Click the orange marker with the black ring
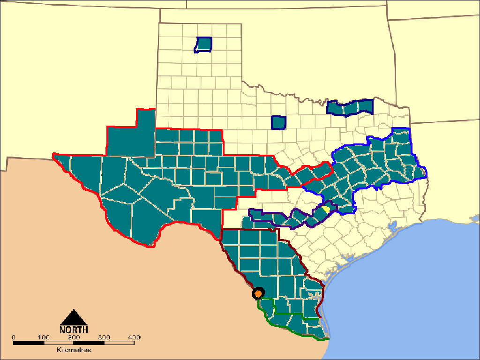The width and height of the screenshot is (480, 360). [258, 293]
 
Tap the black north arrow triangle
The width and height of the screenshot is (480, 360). [74, 317]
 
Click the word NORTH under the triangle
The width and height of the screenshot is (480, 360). [74, 329]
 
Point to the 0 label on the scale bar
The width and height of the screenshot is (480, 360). [14, 337]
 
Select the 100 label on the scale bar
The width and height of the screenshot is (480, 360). [44, 337]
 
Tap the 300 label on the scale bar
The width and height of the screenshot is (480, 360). [104, 337]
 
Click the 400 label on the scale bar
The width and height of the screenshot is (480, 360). [134, 337]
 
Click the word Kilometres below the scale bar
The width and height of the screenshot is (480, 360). [74, 350]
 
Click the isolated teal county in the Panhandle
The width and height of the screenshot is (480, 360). [204, 44]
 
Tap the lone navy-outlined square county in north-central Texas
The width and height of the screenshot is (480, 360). [279, 122]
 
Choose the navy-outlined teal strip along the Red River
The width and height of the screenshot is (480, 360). [350, 107]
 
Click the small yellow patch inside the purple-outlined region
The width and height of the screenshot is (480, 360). [324, 208]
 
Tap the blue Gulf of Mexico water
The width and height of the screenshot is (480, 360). [408, 291]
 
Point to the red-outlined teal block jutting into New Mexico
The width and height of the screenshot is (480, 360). [131, 136]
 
